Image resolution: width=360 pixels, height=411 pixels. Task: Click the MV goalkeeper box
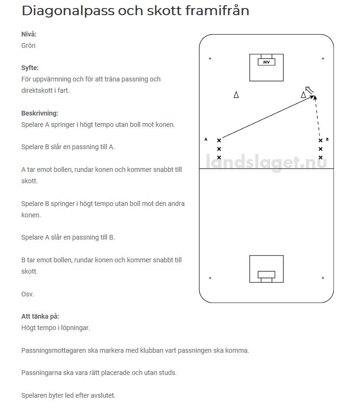pos(266,62)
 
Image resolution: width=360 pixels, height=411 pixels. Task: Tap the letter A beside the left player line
pos(206,139)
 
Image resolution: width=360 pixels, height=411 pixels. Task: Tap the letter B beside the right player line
pos(327,139)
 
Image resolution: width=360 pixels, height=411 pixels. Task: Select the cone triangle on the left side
pos(236,95)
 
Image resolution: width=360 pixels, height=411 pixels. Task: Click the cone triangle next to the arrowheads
pos(303,95)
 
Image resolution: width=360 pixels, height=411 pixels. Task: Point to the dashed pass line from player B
pos(317,116)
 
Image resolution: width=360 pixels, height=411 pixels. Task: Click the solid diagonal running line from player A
pos(268,117)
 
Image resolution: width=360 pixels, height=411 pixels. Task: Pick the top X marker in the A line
pos(219,141)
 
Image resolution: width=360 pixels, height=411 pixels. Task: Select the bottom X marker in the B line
pos(320,157)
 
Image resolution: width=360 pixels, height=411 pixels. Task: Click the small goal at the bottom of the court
pos(266,276)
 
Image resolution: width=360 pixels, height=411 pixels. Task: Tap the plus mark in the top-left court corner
pos(210,58)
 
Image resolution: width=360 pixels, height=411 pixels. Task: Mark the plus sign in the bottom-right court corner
pos(323,278)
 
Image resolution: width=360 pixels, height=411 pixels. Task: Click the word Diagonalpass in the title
pos(68,11)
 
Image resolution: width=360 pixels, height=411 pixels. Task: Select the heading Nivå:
pos(29,34)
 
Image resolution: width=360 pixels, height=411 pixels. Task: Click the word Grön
pos(28,45)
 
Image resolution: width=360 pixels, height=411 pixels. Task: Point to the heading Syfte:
pos(30,68)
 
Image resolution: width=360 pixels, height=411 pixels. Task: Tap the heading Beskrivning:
pos(40,113)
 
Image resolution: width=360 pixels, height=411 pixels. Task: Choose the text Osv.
pos(27,294)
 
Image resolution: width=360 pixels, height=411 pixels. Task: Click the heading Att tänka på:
pos(40,316)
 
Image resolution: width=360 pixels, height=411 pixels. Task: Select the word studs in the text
pos(168,373)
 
